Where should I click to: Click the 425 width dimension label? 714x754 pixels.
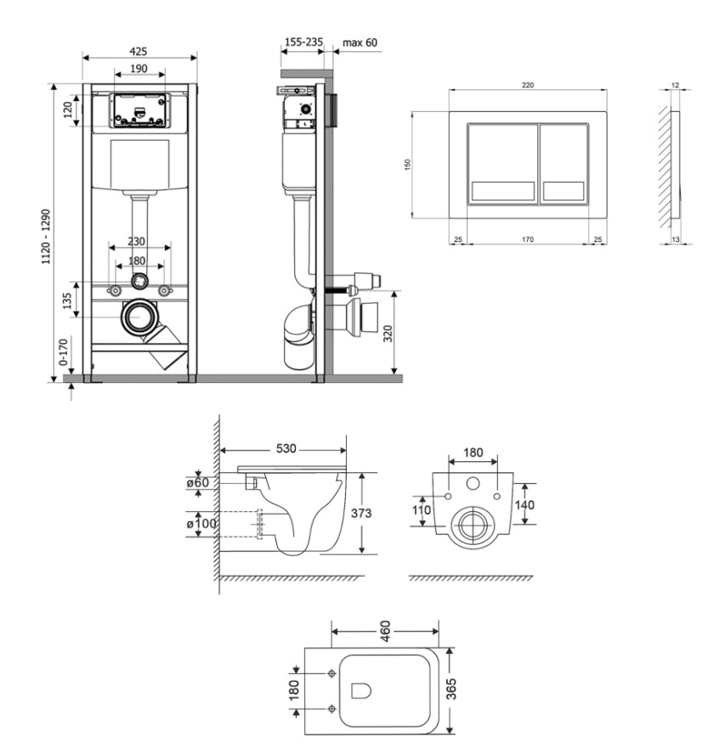pyautogui.click(x=139, y=52)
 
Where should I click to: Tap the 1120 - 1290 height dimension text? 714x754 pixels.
pyautogui.click(x=46, y=236)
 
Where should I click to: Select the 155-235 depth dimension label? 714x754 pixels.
pyautogui.click(x=303, y=42)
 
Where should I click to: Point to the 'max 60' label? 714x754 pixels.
pyautogui.click(x=360, y=42)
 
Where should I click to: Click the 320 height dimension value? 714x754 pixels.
pyautogui.click(x=388, y=334)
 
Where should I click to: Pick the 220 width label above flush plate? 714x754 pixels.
pyautogui.click(x=528, y=85)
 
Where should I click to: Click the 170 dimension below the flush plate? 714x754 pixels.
pyautogui.click(x=528, y=239)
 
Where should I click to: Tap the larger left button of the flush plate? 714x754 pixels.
pyautogui.click(x=502, y=164)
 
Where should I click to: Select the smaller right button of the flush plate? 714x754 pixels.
pyautogui.click(x=564, y=164)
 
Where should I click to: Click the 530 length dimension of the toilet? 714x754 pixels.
pyautogui.click(x=286, y=448)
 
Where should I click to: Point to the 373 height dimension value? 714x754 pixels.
pyautogui.click(x=361, y=513)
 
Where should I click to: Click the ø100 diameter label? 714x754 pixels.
pyautogui.click(x=201, y=523)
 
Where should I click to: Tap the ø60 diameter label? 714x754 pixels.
pyautogui.click(x=198, y=481)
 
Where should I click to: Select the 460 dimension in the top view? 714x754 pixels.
pyautogui.click(x=385, y=632)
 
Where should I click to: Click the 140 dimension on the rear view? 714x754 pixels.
pyautogui.click(x=524, y=504)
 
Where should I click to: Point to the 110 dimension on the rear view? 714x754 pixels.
pyautogui.click(x=422, y=509)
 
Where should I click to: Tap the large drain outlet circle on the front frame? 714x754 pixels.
pyautogui.click(x=139, y=318)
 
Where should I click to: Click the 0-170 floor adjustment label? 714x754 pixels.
pyautogui.click(x=64, y=352)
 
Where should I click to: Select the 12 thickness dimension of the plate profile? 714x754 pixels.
pyautogui.click(x=675, y=85)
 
